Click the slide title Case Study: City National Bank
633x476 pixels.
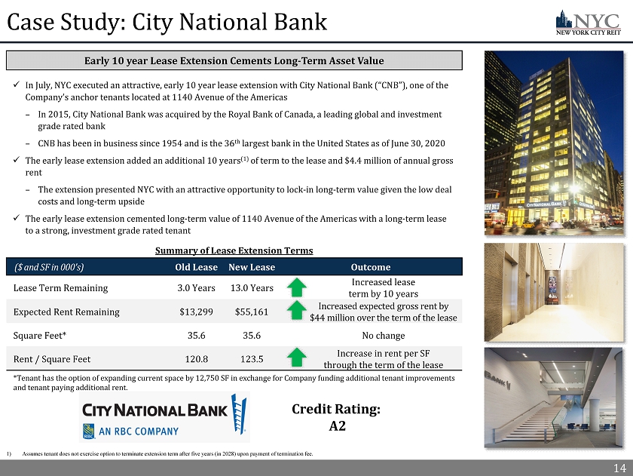tap(167, 23)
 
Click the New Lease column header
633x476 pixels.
tap(252, 267)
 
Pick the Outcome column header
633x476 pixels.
tap(371, 267)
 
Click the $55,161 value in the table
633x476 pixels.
tap(252, 312)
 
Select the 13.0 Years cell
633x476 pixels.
tap(252, 287)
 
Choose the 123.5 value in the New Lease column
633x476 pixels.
tap(252, 359)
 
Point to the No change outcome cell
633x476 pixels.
tap(384, 336)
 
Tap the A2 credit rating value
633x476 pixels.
tap(337, 426)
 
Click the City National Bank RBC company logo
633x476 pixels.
tap(164, 418)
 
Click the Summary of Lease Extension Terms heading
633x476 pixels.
tap(234, 250)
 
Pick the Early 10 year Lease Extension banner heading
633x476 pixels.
tap(234, 60)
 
